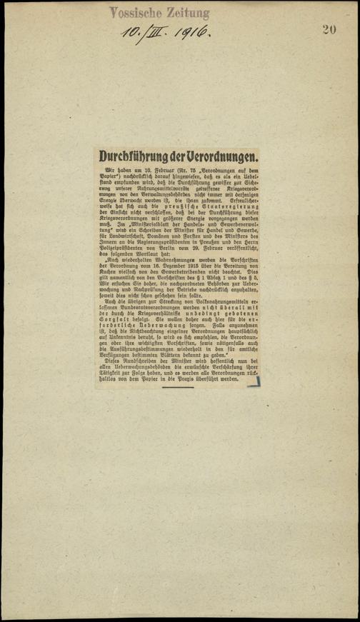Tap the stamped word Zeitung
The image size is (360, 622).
pos(187,12)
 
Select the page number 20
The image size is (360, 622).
pos(329,29)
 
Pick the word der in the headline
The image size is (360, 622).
pos(179,156)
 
